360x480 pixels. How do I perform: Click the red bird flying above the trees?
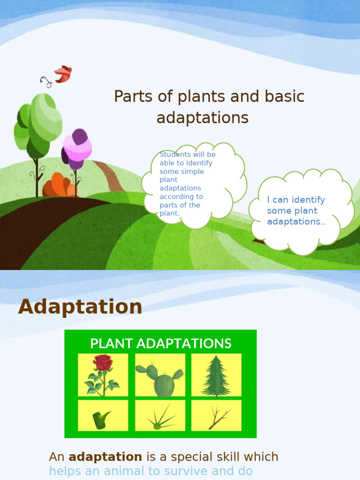click(63, 74)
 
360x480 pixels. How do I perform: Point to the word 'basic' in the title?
click(285, 97)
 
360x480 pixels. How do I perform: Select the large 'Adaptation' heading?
click(80, 307)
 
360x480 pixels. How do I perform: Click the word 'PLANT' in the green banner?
click(112, 344)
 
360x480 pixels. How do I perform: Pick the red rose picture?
click(103, 375)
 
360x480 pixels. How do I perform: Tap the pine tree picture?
click(216, 375)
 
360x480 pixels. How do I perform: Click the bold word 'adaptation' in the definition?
click(105, 457)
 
